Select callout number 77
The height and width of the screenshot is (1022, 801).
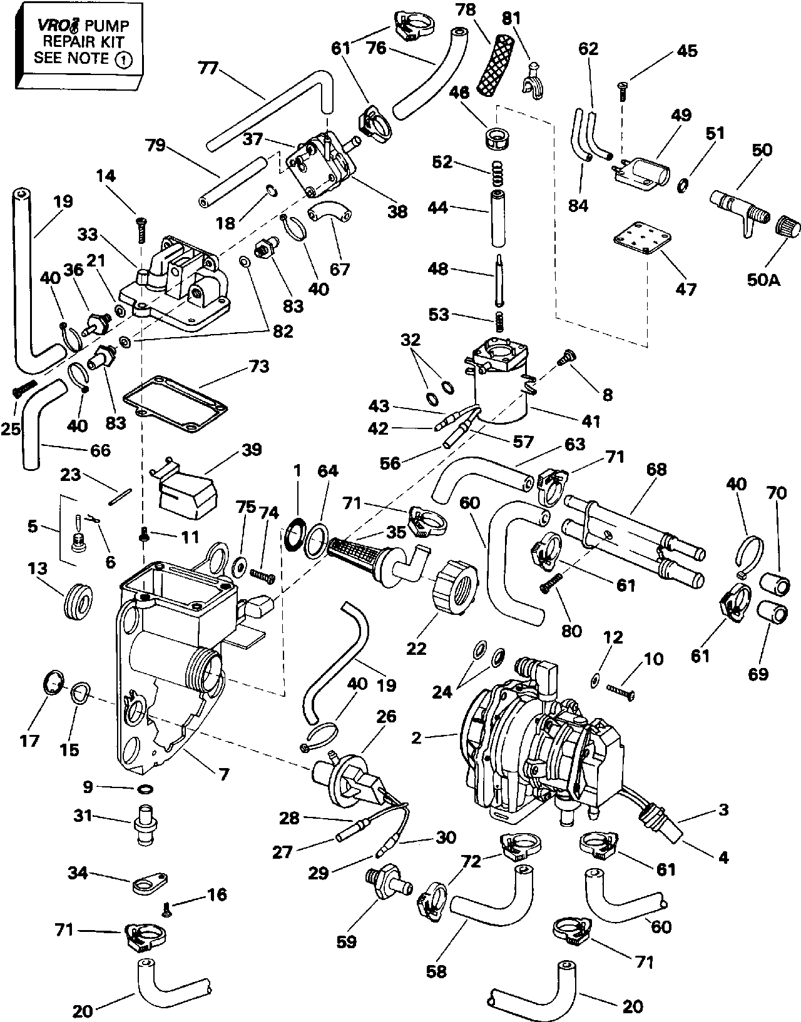[x=208, y=68]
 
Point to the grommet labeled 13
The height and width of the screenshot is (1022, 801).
[x=79, y=600]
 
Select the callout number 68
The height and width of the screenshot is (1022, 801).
[x=657, y=469]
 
